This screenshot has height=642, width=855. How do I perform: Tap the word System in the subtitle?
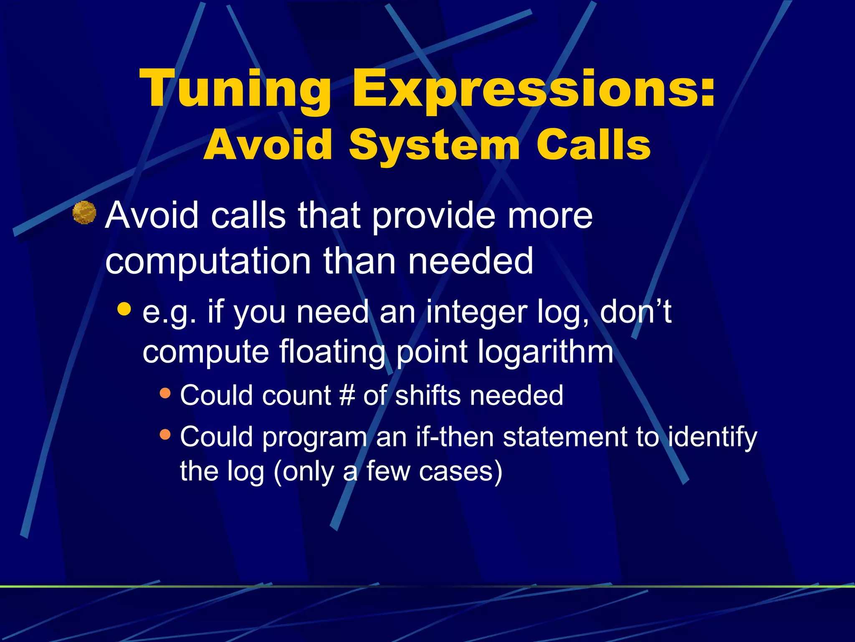(x=434, y=145)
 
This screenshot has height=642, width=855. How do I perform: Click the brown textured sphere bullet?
(x=84, y=212)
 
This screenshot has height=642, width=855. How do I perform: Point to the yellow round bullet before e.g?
(x=124, y=309)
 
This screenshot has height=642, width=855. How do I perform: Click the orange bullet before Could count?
(x=165, y=393)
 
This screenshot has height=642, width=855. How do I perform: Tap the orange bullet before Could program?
(x=165, y=435)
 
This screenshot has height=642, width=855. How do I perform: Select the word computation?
(x=208, y=261)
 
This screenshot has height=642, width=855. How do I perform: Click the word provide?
(x=433, y=216)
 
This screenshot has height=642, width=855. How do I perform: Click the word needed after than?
(x=471, y=261)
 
